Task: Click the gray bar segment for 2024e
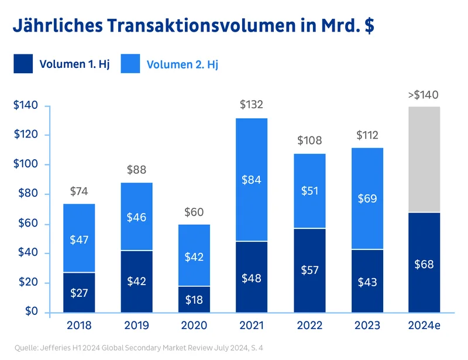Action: (x=424, y=159)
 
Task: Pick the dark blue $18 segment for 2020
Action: (x=194, y=299)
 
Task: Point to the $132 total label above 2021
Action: (x=252, y=105)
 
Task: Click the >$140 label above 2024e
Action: (x=423, y=94)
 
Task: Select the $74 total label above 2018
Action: (x=80, y=191)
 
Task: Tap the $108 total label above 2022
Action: (x=310, y=140)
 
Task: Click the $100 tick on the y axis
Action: (x=26, y=164)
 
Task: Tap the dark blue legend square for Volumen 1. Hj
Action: (x=23, y=64)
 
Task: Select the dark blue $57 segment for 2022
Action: (x=310, y=270)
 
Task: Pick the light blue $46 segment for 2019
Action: (x=136, y=217)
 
